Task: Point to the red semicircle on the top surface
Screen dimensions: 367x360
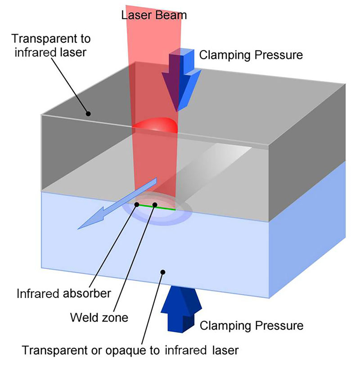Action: [x=155, y=125]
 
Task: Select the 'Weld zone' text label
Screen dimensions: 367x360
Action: [x=99, y=317]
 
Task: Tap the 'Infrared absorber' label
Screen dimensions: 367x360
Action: [x=63, y=294]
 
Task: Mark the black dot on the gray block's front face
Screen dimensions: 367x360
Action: [x=89, y=113]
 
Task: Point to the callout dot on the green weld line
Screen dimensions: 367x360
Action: [x=154, y=205]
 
